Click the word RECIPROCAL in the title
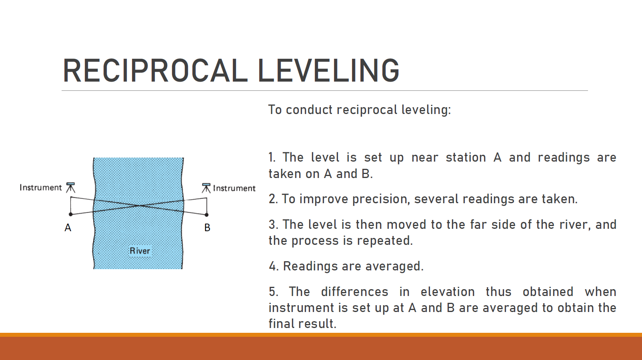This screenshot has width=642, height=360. click(155, 70)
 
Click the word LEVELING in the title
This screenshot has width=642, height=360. click(328, 70)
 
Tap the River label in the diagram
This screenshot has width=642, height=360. click(140, 251)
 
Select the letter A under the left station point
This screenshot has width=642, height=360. click(68, 228)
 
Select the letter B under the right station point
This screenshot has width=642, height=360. click(207, 228)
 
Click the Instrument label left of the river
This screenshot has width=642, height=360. click(41, 188)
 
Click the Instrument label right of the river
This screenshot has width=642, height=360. click(234, 188)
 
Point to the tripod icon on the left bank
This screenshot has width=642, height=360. click(70, 188)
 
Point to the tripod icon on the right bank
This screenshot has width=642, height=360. click(206, 188)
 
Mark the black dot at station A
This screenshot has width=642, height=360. click(71, 214)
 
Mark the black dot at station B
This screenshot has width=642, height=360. click(207, 215)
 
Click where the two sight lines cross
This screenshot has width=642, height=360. click(140, 206)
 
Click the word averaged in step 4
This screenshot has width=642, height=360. click(394, 266)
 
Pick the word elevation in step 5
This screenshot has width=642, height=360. click(448, 292)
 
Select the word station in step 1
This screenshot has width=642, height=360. click(466, 158)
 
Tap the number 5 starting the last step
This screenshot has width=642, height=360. click(273, 292)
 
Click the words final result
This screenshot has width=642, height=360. click(302, 324)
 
